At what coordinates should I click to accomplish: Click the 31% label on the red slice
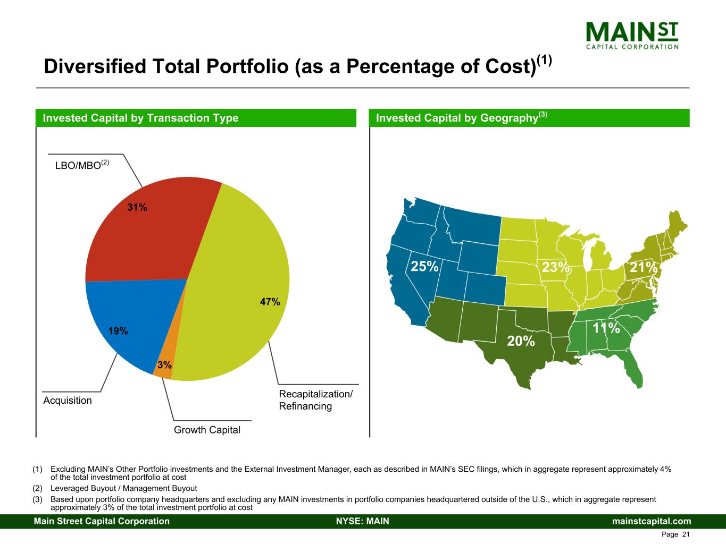coord(137,208)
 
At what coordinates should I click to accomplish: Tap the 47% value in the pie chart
coord(270,302)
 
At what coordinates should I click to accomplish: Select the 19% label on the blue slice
coord(118,331)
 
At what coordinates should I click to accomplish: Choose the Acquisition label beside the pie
coord(68,401)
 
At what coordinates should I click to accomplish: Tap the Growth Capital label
coord(207,430)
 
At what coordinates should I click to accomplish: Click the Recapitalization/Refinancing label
coord(315,400)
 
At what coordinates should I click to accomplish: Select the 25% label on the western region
coord(424,266)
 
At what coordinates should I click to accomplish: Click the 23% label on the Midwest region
coord(556,267)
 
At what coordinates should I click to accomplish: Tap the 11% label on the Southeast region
coord(606,328)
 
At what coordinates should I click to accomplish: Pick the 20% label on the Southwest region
coord(521,341)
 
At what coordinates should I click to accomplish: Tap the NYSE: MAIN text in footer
coord(363,521)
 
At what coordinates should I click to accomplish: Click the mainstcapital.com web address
coord(652,521)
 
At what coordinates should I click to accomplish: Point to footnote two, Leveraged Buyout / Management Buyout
coord(123,488)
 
